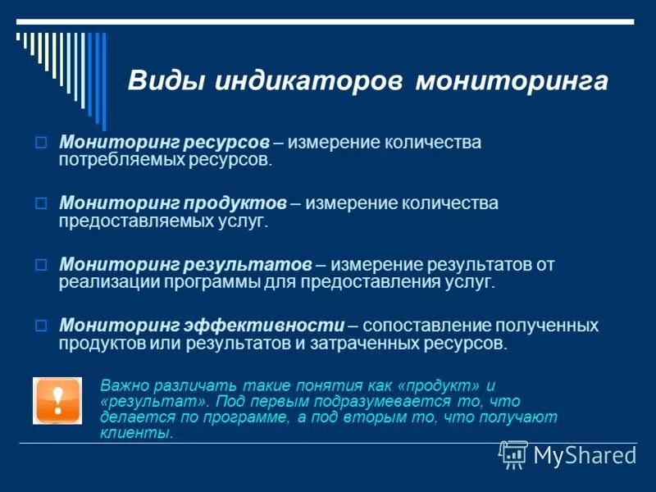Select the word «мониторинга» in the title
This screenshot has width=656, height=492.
pos(512,82)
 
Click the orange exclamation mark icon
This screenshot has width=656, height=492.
pos(57,400)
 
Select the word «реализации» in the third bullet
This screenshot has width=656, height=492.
pos(102,282)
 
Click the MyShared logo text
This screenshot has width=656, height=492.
pos(584,455)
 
